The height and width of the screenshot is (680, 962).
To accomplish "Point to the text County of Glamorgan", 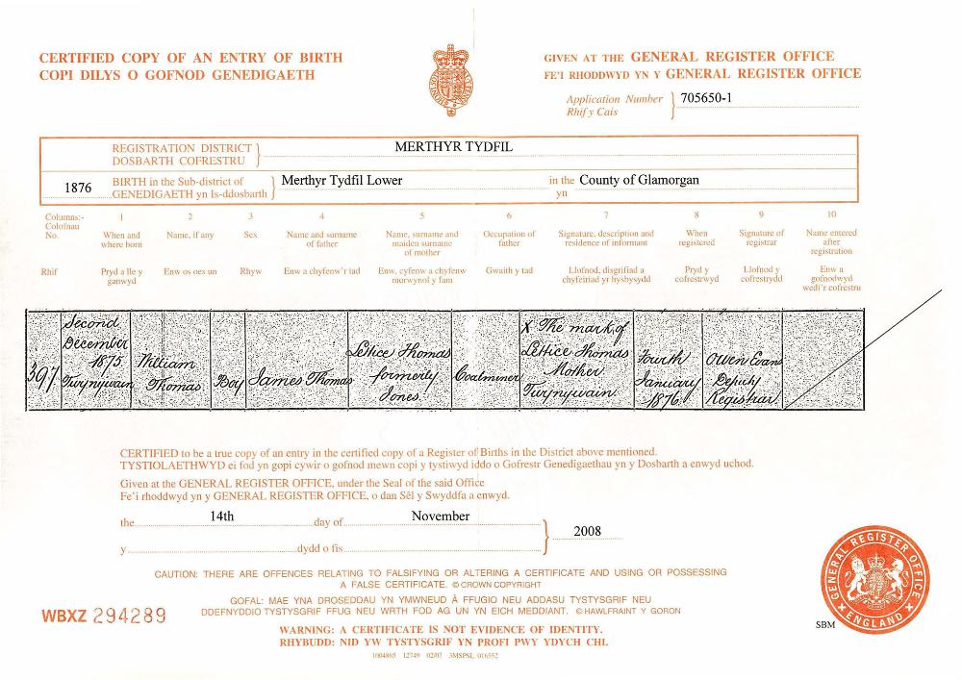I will click(639, 180).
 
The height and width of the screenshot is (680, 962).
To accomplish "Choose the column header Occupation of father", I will click(509, 239).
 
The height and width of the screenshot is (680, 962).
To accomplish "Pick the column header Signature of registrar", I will click(761, 239).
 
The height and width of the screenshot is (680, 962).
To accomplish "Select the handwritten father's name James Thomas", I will click(301, 383).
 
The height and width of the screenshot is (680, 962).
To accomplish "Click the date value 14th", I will click(222, 516).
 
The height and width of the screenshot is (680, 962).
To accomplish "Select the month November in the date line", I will click(441, 516).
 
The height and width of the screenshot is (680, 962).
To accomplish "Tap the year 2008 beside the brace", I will click(587, 531).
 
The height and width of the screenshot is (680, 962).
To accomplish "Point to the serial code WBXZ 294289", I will click(104, 615).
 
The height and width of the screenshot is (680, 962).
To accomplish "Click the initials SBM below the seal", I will click(825, 625).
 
